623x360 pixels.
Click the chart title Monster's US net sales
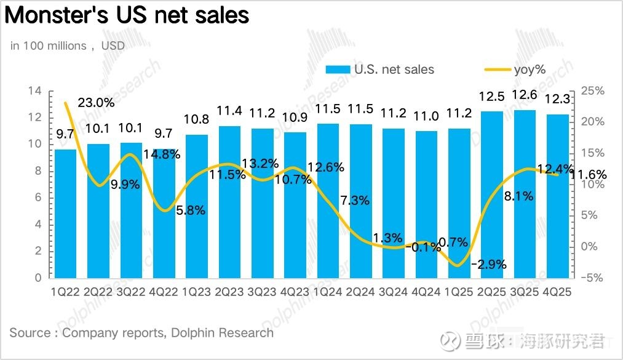[127, 16]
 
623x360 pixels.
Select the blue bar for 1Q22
[66, 213]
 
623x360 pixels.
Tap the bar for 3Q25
[525, 194]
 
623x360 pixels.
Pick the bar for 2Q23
[229, 202]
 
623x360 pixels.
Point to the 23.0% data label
[96, 103]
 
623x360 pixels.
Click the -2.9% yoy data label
[489, 265]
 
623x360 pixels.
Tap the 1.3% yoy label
[387, 238]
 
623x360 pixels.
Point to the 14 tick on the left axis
[36, 91]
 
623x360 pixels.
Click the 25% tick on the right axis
[592, 91]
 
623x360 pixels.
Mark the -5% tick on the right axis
[592, 278]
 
